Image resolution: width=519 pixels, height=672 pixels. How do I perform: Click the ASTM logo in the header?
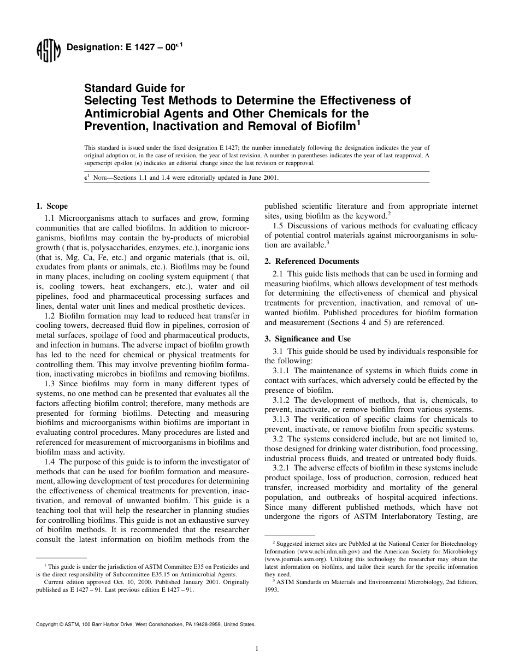49,52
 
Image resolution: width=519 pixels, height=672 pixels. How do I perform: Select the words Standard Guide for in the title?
134,89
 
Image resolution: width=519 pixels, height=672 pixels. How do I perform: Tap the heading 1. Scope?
52,206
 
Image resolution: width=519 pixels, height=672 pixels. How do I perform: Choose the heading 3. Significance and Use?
308,339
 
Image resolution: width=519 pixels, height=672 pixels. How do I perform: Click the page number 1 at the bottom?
257,649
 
